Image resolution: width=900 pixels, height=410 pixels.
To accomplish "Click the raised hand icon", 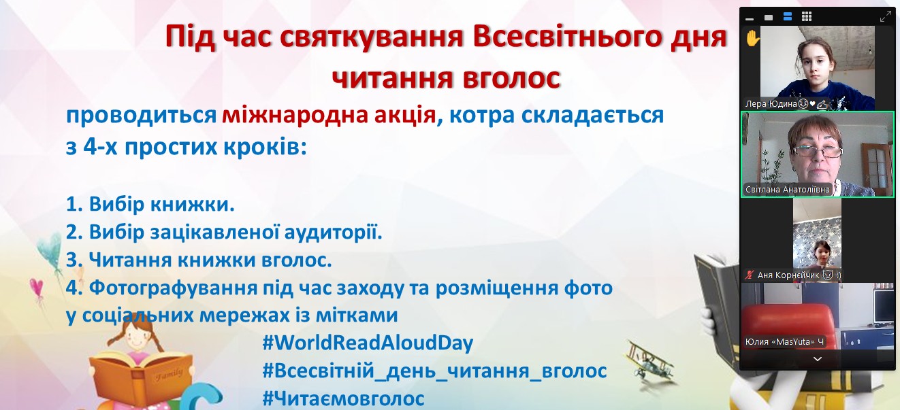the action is (x=752, y=39).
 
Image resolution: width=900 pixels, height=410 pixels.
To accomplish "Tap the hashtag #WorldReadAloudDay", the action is (x=368, y=343).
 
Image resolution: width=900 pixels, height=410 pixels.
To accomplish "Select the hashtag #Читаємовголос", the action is (x=343, y=398).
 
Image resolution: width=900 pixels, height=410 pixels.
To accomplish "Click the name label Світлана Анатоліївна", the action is (x=787, y=189).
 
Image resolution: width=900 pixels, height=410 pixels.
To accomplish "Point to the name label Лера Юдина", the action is (x=771, y=104).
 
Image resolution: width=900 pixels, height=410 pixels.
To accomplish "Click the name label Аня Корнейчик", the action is (x=788, y=275).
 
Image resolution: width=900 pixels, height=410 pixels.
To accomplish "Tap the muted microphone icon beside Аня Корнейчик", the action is (x=750, y=275).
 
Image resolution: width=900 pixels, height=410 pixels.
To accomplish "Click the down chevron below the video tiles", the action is (x=817, y=358).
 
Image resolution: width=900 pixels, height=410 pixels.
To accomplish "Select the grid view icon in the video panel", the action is (x=806, y=16).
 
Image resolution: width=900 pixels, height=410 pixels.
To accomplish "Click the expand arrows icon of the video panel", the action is (x=885, y=16).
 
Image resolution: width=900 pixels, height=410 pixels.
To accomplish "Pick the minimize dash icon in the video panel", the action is (x=750, y=19).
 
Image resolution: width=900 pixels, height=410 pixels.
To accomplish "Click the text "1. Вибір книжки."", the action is (x=150, y=204).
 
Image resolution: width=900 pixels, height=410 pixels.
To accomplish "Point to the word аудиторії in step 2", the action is (x=333, y=232).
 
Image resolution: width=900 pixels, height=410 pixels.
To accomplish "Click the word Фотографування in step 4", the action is (x=173, y=288).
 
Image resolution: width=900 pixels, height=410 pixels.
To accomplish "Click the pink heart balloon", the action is (x=37, y=287).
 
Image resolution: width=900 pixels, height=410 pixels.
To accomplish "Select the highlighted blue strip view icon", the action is (x=788, y=16).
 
